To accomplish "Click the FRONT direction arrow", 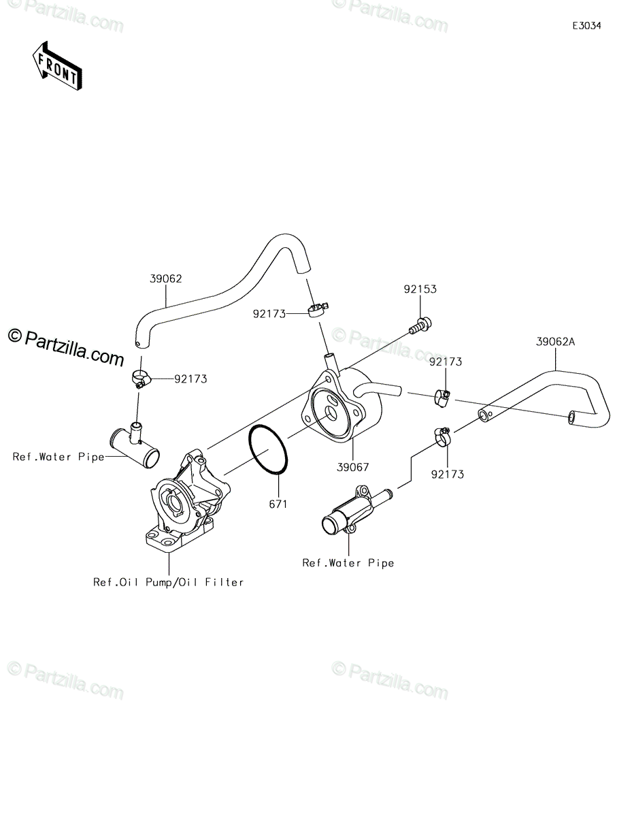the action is click(x=56, y=65).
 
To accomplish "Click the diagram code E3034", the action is click(x=586, y=26).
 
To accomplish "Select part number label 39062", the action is click(x=165, y=278).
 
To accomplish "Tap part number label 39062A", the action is click(x=555, y=342).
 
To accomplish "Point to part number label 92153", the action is click(x=420, y=289).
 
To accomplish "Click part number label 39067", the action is click(x=353, y=467).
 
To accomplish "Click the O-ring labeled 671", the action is click(x=268, y=449).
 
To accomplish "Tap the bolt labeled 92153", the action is click(x=420, y=326).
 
